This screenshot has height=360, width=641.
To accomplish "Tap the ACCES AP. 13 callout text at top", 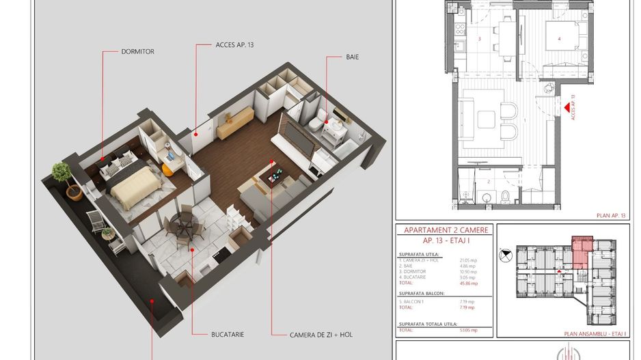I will pyautogui.click(x=234, y=46).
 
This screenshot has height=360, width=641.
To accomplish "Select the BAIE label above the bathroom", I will pyautogui.click(x=352, y=57).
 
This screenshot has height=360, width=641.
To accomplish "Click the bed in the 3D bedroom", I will pyautogui.click(x=136, y=186).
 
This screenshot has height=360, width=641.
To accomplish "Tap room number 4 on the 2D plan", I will pyautogui.click(x=559, y=39).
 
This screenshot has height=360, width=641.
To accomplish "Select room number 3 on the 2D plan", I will pyautogui.click(x=480, y=39).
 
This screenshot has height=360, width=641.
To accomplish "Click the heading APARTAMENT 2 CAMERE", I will pyautogui.click(x=446, y=230).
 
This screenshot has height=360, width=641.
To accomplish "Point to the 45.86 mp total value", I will pyautogui.click(x=469, y=283).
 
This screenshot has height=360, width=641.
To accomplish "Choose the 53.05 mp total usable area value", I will pyautogui.click(x=469, y=330).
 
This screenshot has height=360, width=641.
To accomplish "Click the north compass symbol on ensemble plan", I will pyautogui.click(x=505, y=255).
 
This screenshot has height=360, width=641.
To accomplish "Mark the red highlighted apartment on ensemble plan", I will pyautogui.click(x=582, y=251).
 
